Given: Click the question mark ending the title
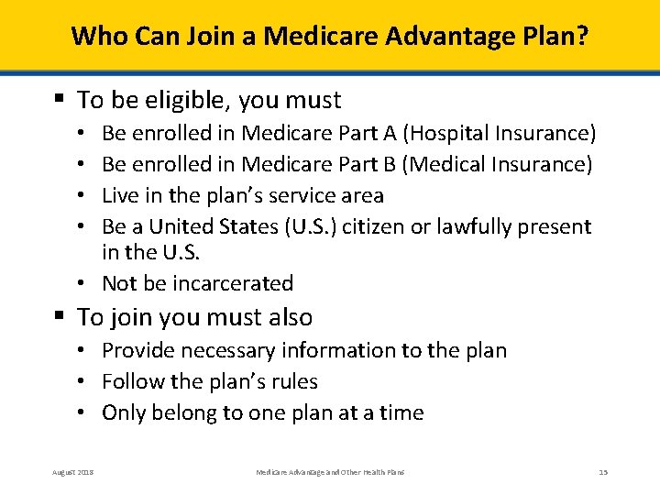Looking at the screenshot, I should coord(583,37).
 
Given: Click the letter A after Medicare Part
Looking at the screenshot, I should coord(390,134).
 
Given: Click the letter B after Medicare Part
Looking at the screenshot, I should coord(390,165).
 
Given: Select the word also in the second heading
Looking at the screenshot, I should coord(289,318).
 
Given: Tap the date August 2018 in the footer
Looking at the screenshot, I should coord(73,472).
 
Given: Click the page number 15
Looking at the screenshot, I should coord(602,472).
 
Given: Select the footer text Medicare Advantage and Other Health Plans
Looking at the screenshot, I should coord(330,472).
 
